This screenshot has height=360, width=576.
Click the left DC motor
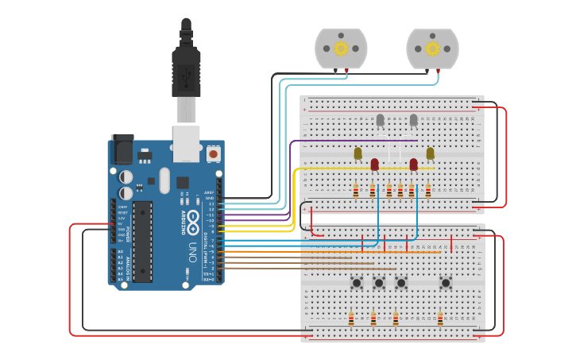[341, 48]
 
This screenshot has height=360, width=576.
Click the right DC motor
[432, 48]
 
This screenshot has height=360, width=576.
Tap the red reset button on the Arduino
[213, 152]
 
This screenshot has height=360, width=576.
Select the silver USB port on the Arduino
[187, 141]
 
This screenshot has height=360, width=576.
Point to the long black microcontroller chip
[142, 242]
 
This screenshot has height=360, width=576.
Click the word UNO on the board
[191, 254]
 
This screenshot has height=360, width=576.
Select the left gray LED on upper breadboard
[380, 120]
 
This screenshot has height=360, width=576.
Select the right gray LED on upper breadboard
[413, 120]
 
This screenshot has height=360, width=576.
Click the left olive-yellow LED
[358, 153]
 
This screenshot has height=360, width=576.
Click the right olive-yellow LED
[430, 153]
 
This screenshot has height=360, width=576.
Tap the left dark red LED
[374, 165]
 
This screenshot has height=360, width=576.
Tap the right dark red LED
[413, 165]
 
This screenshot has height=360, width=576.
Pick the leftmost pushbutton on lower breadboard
[358, 282]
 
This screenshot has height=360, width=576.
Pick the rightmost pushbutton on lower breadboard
[446, 282]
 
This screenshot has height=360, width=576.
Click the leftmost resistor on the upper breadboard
[355, 190]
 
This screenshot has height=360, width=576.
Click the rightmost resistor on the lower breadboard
[440, 319]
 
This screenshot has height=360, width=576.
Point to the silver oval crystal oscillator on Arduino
[164, 180]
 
